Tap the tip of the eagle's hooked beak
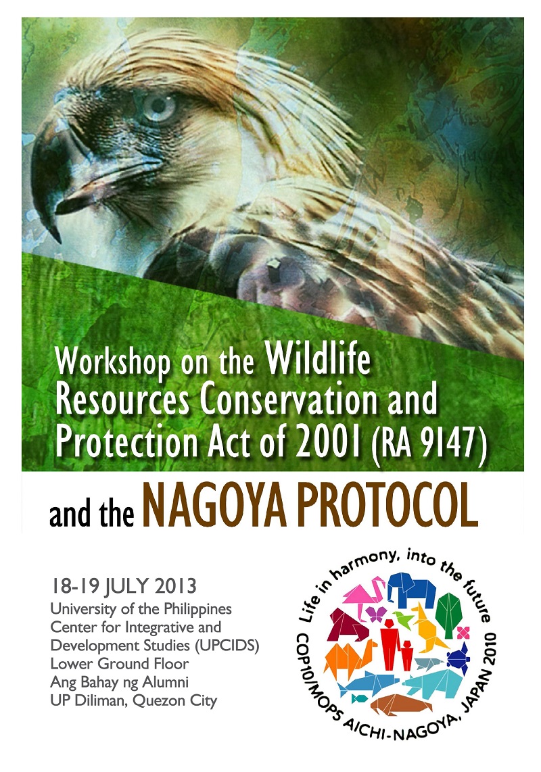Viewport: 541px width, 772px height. point(59,241)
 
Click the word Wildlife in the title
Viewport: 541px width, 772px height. point(318,358)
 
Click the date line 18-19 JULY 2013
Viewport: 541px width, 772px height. point(123,586)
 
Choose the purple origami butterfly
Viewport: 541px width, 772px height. point(375,613)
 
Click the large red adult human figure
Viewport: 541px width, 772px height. point(390,644)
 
